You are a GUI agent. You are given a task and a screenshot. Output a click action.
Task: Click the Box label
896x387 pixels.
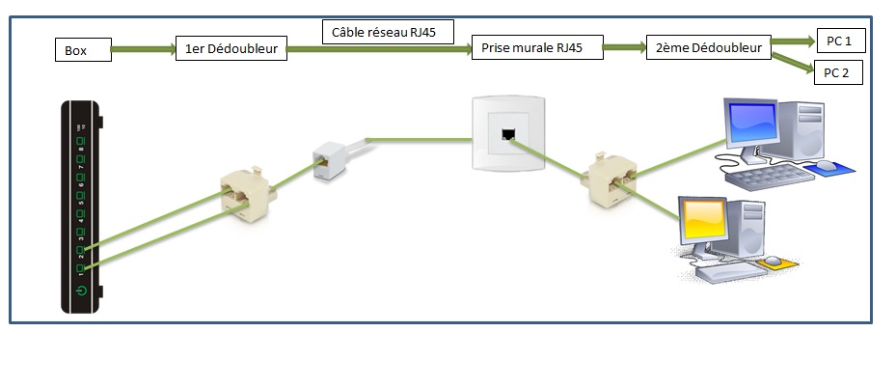tap(83, 49)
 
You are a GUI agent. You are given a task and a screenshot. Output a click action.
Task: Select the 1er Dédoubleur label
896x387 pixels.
tap(231, 49)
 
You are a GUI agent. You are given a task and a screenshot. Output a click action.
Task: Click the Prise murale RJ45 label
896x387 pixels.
tap(537, 48)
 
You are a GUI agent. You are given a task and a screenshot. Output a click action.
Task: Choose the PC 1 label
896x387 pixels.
tap(839, 41)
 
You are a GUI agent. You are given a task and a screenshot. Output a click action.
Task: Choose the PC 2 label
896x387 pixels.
tap(836, 72)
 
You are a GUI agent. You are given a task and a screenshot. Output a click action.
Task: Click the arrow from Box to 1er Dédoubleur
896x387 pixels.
tap(144, 48)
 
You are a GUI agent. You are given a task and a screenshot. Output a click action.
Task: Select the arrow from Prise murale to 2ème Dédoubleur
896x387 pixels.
tap(625, 47)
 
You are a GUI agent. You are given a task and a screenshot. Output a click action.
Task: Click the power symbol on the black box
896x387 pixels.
tap(82, 290)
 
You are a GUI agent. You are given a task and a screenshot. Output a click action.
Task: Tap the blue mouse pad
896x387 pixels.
tap(830, 169)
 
